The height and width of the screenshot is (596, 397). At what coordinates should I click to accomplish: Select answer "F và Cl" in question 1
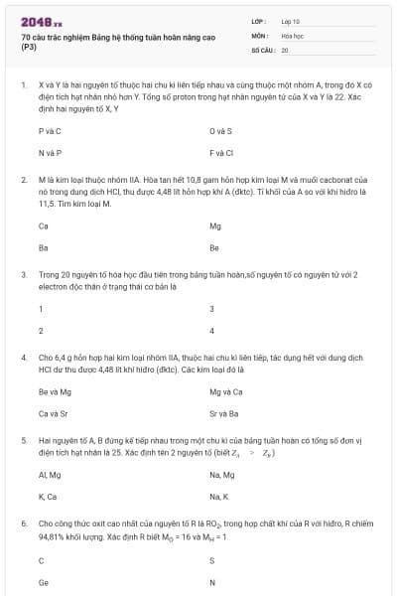coord(221,153)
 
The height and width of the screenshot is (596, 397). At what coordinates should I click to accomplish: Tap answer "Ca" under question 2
coord(43,225)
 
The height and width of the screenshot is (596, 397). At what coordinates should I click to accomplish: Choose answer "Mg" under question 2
coord(215,225)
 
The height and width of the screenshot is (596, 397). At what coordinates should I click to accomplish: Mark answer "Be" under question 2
coord(214,248)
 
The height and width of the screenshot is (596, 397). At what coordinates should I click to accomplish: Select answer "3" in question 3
coord(212,309)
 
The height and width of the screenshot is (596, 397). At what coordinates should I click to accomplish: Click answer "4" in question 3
coord(212,331)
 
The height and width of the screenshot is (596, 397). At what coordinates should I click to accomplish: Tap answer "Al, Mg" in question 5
coord(50,475)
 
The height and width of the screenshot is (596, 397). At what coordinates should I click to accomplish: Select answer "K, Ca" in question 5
coord(48,497)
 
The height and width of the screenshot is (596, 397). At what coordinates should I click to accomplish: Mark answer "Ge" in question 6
coord(43,582)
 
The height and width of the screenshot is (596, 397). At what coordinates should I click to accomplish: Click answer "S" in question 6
coord(212,560)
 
